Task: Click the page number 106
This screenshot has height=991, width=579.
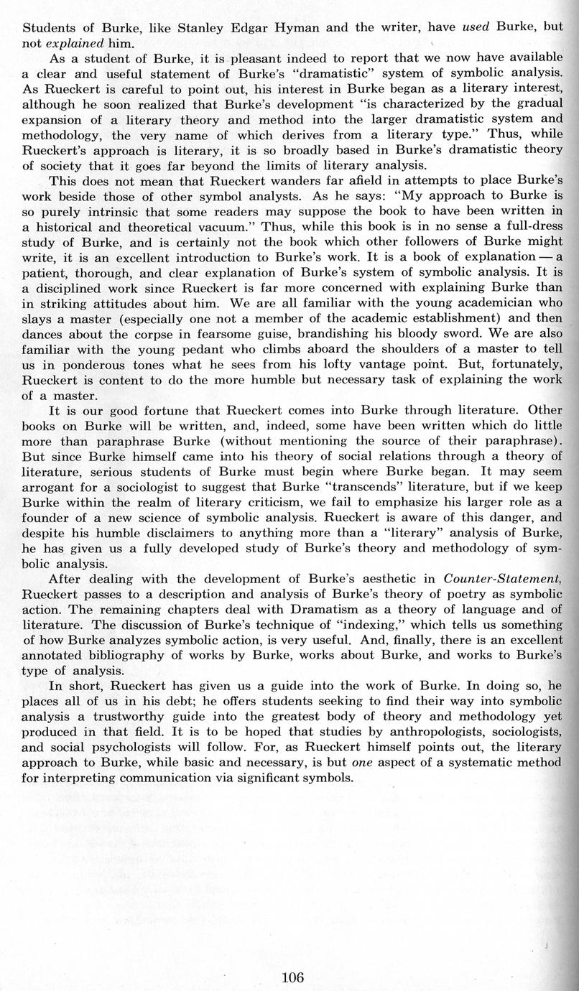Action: [x=293, y=977]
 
